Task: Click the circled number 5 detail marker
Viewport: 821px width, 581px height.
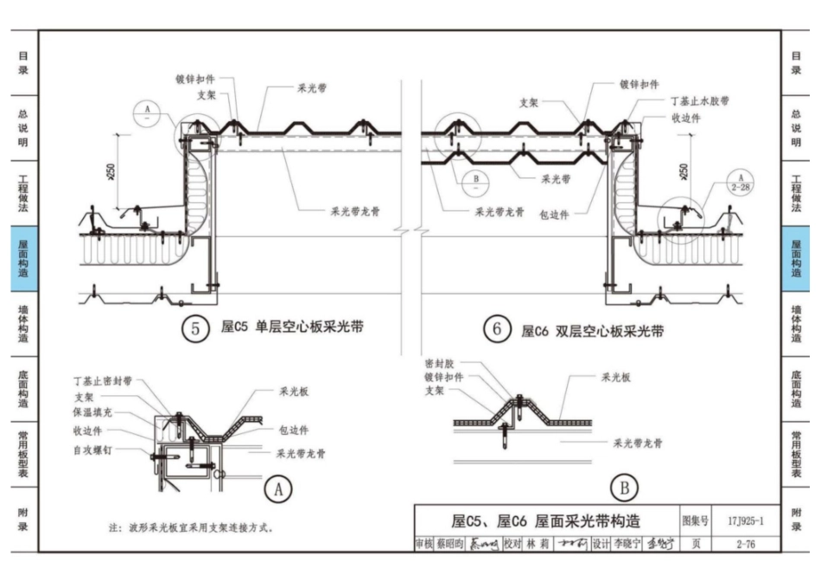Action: pyautogui.click(x=195, y=329)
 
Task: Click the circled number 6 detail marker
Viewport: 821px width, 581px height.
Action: pyautogui.click(x=496, y=329)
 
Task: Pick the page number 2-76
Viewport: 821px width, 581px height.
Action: pyautogui.click(x=745, y=544)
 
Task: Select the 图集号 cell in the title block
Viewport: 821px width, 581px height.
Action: pyautogui.click(x=696, y=521)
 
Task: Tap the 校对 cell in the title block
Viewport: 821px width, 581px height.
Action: pyautogui.click(x=512, y=544)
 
